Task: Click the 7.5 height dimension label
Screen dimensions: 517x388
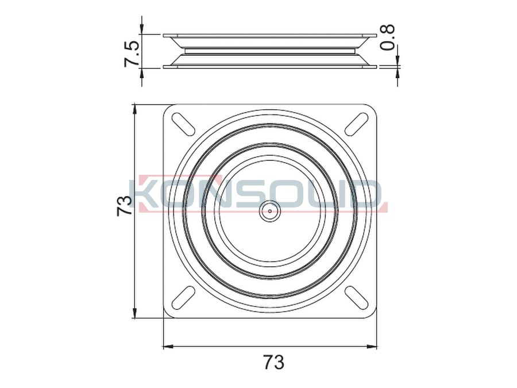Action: pos(132,54)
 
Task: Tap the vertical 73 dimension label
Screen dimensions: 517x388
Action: pos(124,206)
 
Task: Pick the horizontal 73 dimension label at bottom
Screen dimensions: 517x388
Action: pos(273,362)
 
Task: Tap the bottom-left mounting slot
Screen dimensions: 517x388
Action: pos(183,298)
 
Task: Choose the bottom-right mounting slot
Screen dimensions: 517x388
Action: pos(356,298)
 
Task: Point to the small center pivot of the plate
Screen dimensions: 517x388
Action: pos(270,211)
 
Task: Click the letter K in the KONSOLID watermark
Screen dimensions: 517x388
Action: pos(151,194)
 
